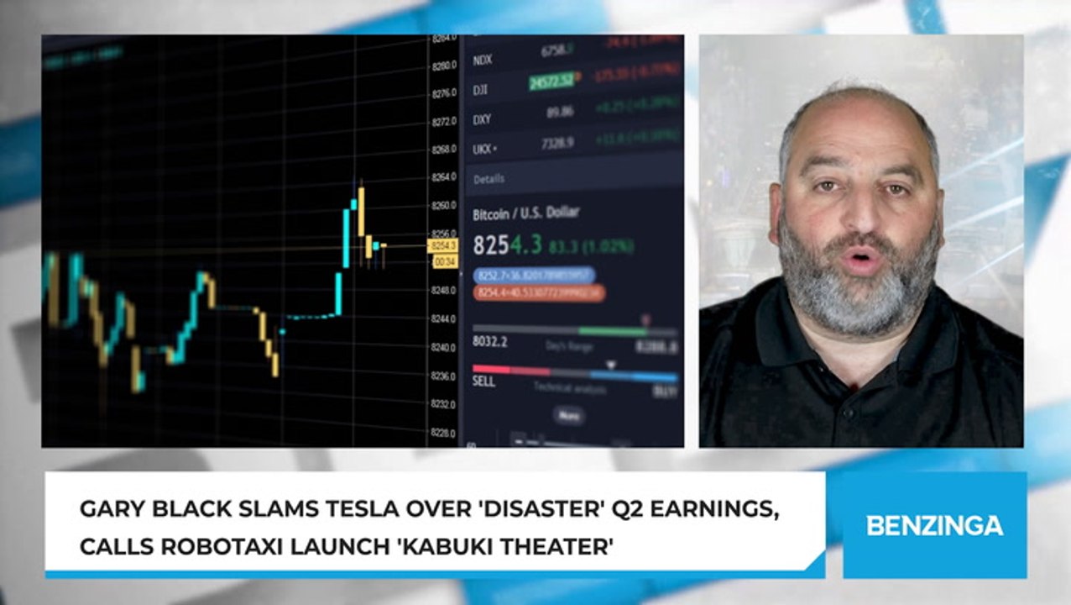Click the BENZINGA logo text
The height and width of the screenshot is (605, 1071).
pos(934,526)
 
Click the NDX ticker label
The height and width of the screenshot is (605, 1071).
pos(483,60)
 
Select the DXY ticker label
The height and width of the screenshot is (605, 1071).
pos(482,119)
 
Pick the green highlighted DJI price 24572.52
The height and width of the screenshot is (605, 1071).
pos(551,81)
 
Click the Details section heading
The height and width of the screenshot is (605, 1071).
pos(488,179)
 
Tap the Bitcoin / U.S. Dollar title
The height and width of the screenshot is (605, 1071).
pos(525,214)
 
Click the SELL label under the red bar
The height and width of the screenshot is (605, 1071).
pos(483,381)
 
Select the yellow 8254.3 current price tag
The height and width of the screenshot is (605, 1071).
pos(442,245)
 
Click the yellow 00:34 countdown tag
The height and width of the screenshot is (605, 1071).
pos(444,262)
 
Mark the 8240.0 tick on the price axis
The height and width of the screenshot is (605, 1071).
pos(442,347)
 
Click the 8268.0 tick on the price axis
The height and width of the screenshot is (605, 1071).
pos(442,150)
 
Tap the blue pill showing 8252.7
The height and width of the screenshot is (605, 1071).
pos(534,275)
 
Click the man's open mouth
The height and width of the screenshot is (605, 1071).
pos(860,260)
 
